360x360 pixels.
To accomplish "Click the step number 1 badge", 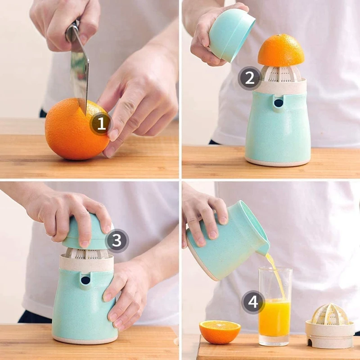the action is tap(101, 124).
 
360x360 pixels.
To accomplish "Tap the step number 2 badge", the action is tap(250, 78).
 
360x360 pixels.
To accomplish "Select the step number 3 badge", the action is tap(117, 241).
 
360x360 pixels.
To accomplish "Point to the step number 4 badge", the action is tap(253, 302).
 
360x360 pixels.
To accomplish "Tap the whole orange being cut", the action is tap(77, 129).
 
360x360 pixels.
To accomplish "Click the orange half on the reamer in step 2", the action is tap(281, 50).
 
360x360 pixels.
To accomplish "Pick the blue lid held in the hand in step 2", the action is tap(232, 35).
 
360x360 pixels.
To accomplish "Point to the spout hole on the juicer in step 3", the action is tap(85, 280).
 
